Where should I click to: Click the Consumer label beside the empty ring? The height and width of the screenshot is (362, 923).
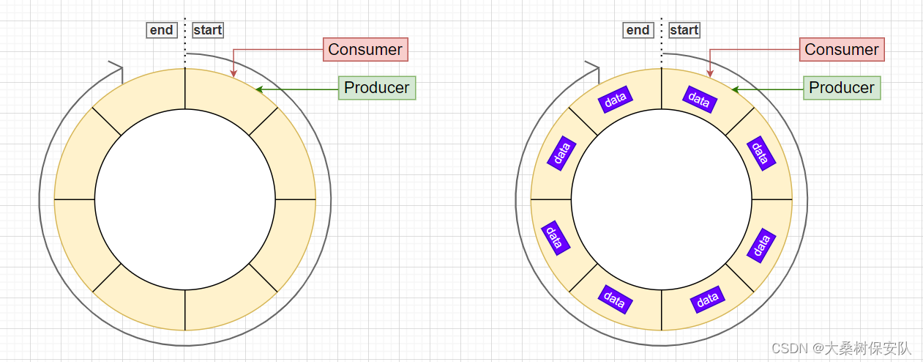[365, 50]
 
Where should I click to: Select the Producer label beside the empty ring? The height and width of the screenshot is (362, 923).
[376, 88]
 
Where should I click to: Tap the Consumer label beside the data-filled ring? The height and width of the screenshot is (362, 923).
[841, 50]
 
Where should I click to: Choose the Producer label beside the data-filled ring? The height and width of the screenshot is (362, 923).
[841, 88]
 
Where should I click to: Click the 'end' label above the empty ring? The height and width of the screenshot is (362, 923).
[161, 30]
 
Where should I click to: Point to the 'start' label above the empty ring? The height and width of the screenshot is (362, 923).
[208, 30]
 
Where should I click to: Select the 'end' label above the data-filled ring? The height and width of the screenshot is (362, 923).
[638, 30]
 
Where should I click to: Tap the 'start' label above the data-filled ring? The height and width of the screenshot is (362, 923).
[684, 30]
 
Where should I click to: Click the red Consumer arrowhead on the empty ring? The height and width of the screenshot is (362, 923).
[233, 73]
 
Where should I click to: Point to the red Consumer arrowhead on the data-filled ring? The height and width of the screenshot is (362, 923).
[710, 73]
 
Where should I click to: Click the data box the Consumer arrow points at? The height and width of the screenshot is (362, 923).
[699, 99]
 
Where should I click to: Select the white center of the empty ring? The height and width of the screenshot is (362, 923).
[185, 199]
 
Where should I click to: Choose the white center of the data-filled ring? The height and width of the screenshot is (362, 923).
[662, 199]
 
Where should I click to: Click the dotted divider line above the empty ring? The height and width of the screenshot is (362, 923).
[185, 37]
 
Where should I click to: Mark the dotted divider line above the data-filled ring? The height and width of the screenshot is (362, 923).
[662, 37]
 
